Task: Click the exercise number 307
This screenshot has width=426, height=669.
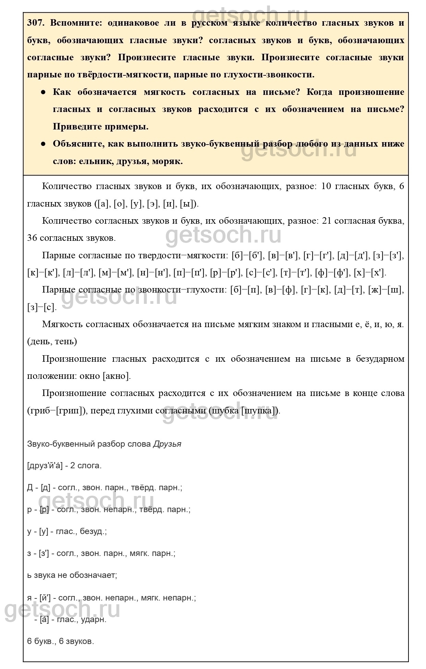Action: pyautogui.click(x=36, y=23)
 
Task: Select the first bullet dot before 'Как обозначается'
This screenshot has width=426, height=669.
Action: pyautogui.click(x=43, y=92)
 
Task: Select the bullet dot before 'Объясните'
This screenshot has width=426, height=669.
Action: pyautogui.click(x=43, y=144)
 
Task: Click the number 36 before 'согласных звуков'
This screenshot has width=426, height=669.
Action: pyautogui.click(x=32, y=238)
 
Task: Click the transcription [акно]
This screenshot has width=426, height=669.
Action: pyautogui.click(x=117, y=376)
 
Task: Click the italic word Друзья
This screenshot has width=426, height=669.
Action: pyautogui.click(x=167, y=444)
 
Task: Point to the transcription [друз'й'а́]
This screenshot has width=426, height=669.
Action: pyautogui.click(x=45, y=466)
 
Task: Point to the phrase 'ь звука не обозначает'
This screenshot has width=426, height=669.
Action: pyautogui.click(x=72, y=575)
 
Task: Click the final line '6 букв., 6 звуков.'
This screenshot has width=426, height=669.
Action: pyautogui.click(x=60, y=641)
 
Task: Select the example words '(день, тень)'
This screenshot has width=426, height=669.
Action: pyautogui.click(x=52, y=342)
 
